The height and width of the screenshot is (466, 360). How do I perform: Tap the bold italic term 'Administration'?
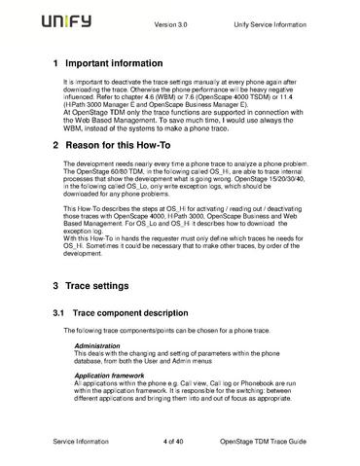tap(99, 346)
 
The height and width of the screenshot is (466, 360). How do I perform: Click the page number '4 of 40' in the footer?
tap(178, 443)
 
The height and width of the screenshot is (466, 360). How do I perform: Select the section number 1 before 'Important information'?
tap(54, 64)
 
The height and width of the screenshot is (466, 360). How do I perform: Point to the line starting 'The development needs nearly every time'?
tap(180, 164)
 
